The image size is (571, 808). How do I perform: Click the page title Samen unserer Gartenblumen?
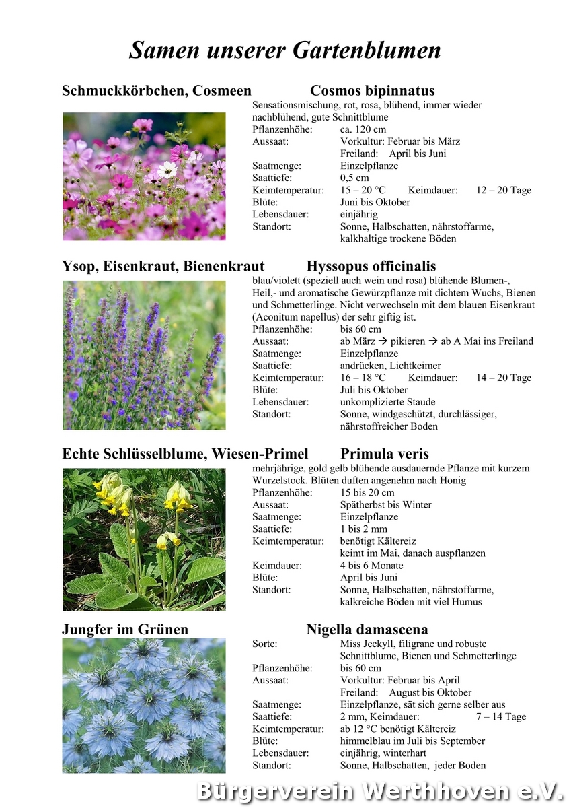coord(285,50)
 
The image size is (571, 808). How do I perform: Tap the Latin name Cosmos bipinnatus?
coord(372,91)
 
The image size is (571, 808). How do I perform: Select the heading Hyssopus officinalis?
coord(371,266)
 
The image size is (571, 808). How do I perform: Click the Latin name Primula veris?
coord(384,454)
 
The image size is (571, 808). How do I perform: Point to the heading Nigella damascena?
coord(367,630)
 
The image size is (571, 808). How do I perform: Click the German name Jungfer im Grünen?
coord(125,630)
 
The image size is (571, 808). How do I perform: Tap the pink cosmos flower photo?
coord(144,176)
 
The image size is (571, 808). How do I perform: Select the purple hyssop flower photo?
coord(144,355)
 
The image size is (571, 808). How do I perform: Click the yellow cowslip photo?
coord(144,539)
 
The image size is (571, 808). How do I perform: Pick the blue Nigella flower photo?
coord(144,706)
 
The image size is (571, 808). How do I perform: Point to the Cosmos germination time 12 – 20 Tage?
coord(504,190)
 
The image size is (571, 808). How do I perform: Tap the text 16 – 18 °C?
coord(363,378)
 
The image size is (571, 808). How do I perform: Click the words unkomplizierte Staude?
coord(387,402)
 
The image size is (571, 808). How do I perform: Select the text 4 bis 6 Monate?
coord(371,566)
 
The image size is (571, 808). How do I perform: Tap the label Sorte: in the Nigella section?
coord(264,644)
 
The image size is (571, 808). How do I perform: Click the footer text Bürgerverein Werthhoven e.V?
coord(379,791)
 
